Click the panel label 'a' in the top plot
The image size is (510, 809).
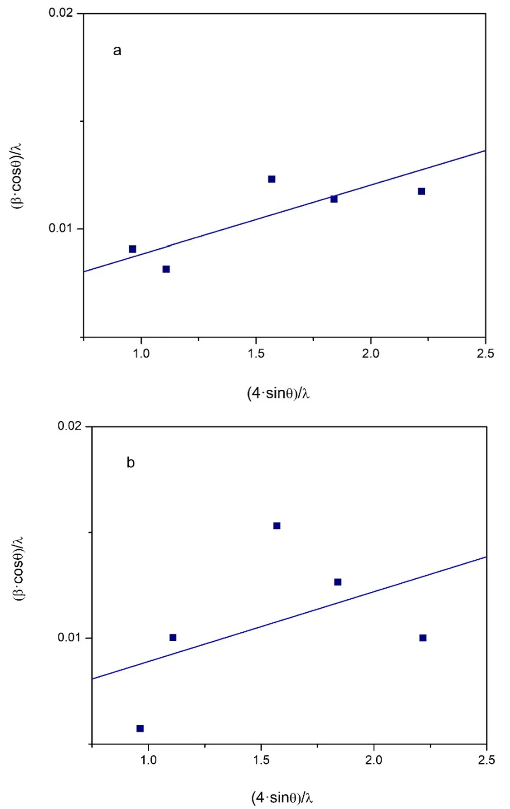coord(117,50)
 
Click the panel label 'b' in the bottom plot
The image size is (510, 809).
coord(131,463)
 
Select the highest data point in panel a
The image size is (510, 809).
coord(272,179)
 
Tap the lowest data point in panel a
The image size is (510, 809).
coord(166,269)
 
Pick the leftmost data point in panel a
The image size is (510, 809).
coord(132,249)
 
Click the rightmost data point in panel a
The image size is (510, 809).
coord(422,191)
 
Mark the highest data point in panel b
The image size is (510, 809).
coord(277,526)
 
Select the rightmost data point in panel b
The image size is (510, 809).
coord(423,638)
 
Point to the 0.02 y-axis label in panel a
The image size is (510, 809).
coord(61,13)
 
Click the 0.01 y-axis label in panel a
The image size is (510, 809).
coord(61,228)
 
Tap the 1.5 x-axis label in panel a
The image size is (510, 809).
coord(256,354)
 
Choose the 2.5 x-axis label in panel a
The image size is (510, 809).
coord(485,354)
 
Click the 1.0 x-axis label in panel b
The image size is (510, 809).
coord(148,760)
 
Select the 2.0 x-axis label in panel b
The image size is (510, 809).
coord(374,760)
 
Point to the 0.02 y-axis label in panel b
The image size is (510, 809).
coord(69,426)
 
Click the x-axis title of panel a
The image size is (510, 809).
coord(278,393)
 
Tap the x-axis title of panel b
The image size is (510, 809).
coord(282,797)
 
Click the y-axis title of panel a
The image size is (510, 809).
coord(17,176)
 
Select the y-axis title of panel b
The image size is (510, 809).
coord(18,569)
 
